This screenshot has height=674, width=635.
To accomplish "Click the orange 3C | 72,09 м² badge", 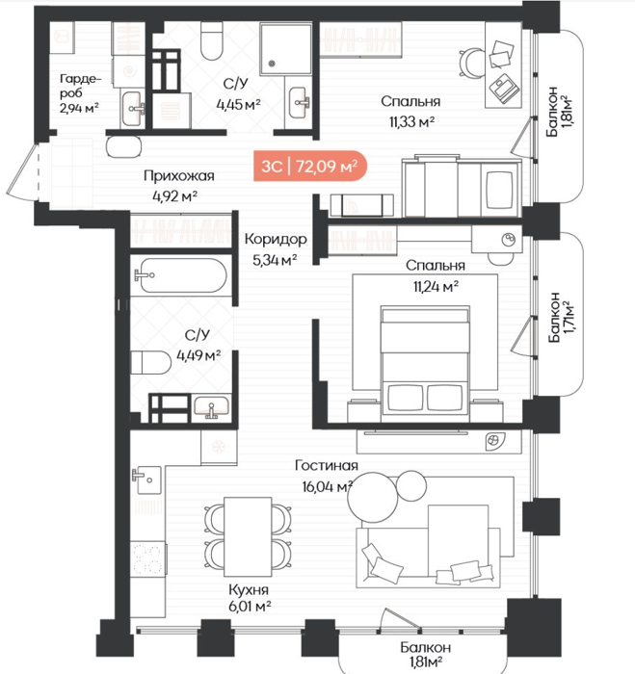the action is click(x=309, y=166).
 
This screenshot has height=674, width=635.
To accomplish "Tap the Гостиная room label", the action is click(x=327, y=465).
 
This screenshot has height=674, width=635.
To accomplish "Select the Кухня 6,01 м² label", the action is click(x=250, y=598).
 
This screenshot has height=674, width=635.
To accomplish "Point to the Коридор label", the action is click(x=276, y=239).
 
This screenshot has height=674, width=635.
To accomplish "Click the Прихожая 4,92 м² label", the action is click(x=178, y=186).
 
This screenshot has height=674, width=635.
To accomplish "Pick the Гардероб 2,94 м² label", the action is click(x=80, y=92).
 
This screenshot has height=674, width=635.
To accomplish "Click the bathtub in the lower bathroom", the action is click(x=179, y=275).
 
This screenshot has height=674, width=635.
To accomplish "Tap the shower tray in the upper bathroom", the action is click(x=285, y=49).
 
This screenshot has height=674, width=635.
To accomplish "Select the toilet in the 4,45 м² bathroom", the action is click(x=212, y=38).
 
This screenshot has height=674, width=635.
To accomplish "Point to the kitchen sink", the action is click(x=147, y=480).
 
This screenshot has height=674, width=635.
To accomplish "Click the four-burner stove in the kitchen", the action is click(x=147, y=558).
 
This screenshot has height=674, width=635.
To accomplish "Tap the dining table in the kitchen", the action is click(x=248, y=536).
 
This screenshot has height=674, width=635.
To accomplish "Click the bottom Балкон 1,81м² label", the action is click(x=426, y=654).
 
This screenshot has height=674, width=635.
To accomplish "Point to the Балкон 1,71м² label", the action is click(x=561, y=318).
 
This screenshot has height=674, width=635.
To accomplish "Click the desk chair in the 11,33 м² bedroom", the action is click(x=471, y=64).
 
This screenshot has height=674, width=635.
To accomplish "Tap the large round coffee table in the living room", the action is click(x=373, y=497).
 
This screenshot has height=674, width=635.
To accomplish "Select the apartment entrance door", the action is click(x=23, y=171).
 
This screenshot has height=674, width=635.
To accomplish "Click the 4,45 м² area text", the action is click(x=238, y=105).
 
